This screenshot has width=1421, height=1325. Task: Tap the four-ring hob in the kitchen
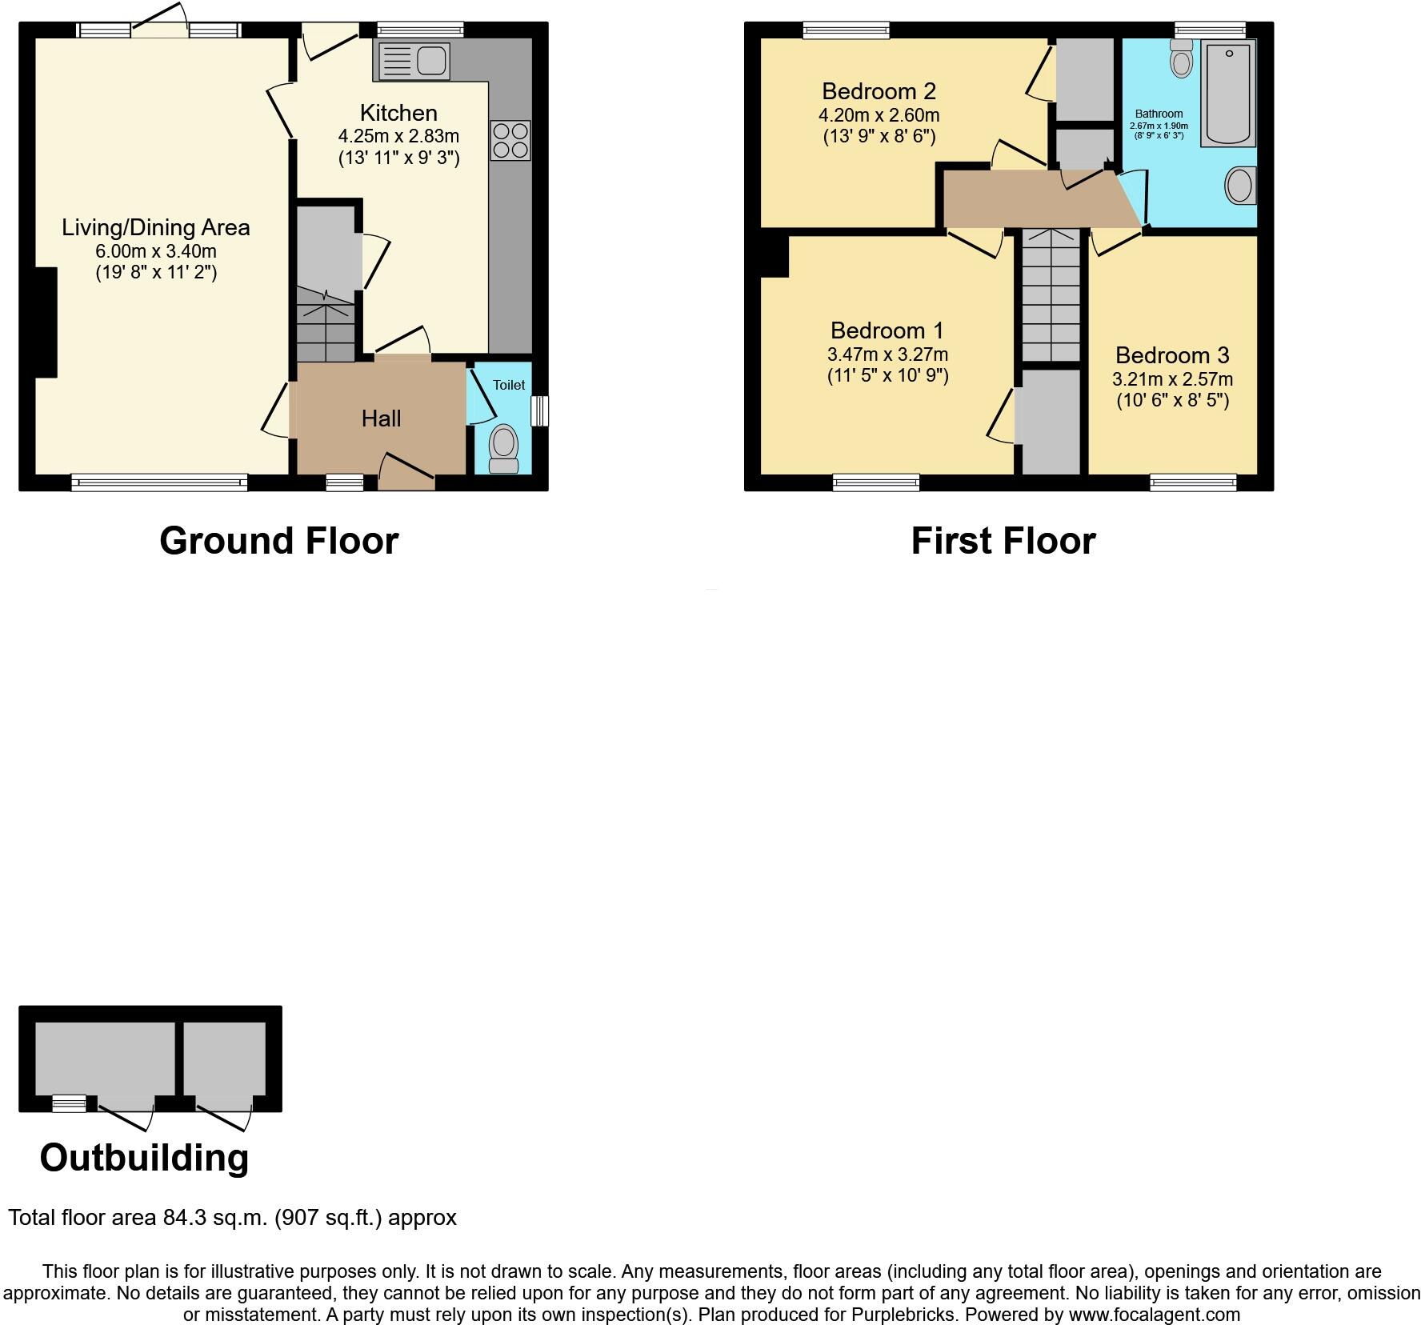[510, 140]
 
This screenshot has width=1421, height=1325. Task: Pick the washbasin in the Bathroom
[1239, 186]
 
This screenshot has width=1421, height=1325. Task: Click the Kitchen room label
[398, 113]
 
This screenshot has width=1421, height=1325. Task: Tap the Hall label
[381, 418]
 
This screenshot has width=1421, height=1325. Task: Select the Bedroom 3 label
[1172, 355]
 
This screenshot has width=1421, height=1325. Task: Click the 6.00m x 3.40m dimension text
[156, 251]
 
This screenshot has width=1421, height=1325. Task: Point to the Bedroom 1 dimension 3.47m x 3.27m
[887, 354]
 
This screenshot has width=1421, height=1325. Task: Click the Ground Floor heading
[278, 541]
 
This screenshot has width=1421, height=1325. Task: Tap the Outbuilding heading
[144, 1158]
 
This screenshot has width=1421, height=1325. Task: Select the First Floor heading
[1003, 541]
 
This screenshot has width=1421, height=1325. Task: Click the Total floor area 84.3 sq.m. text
[232, 1218]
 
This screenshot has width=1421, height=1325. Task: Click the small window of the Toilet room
[541, 410]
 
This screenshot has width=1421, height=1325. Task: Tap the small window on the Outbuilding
[69, 1104]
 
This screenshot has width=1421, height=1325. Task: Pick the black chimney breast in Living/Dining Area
[46, 322]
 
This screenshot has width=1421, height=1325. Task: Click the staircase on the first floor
[1050, 296]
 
